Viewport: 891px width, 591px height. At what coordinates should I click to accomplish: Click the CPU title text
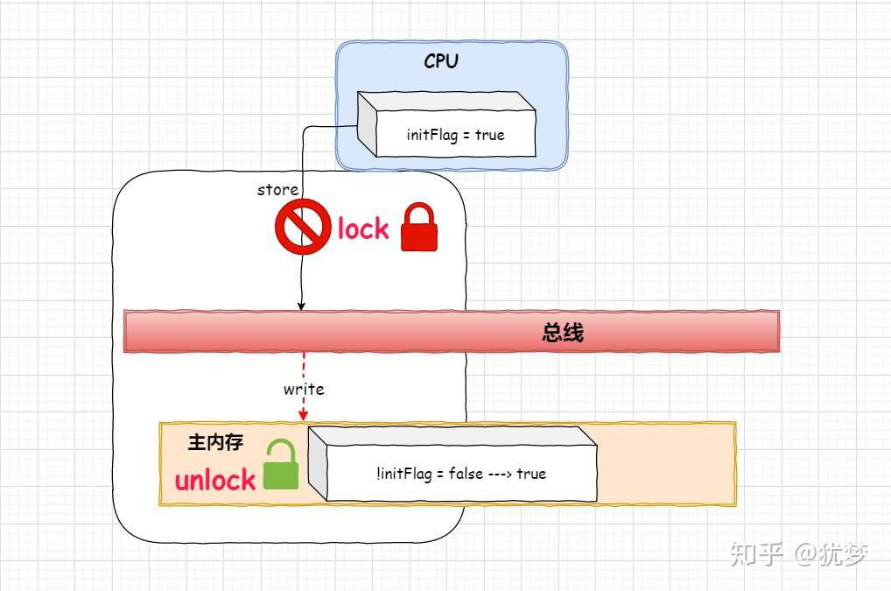(x=441, y=60)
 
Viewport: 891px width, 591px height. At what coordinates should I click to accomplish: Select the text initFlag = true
(x=456, y=135)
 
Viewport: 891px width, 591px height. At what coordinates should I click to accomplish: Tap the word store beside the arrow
(x=277, y=190)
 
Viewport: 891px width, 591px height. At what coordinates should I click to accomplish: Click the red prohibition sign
(x=303, y=227)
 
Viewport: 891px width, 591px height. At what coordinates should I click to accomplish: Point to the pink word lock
(x=363, y=229)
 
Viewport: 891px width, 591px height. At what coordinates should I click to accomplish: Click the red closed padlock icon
(x=419, y=227)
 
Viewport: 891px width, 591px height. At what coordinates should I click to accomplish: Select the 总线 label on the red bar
(x=563, y=333)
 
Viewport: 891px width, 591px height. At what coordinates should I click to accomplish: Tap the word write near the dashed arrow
(x=304, y=390)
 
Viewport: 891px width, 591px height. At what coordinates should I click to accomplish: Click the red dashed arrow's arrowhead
(x=303, y=415)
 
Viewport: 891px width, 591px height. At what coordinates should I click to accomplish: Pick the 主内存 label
(x=216, y=442)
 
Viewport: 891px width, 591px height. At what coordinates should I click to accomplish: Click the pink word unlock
(x=215, y=480)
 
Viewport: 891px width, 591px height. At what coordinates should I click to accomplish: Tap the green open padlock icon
(x=281, y=464)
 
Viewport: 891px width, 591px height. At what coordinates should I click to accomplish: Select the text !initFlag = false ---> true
(x=461, y=474)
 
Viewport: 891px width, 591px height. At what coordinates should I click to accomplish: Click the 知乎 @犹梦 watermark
(x=799, y=554)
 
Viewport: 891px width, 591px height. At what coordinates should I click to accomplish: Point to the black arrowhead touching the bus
(x=301, y=306)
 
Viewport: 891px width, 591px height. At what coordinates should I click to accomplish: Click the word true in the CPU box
(x=490, y=135)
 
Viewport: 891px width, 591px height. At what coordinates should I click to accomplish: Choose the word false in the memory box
(x=466, y=473)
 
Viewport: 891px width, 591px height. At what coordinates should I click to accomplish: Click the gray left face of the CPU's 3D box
(x=367, y=124)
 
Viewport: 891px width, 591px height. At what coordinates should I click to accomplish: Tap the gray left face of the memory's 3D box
(x=319, y=463)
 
